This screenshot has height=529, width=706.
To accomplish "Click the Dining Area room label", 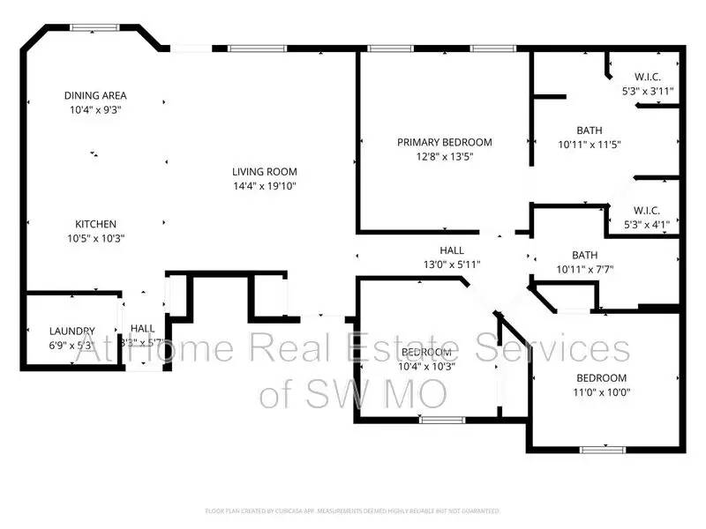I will coord(95,95).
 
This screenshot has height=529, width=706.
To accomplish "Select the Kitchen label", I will coord(95,224).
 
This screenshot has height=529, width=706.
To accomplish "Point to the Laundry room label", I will coord(71,332).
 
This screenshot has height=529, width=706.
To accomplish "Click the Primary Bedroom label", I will coord(444,142).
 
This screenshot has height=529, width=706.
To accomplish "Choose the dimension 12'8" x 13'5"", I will coord(444,157).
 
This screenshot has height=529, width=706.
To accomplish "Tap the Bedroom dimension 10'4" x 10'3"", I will coord(427,366).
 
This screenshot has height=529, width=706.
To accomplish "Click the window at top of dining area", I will coord(95,28).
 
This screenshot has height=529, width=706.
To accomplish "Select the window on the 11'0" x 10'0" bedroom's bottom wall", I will coord(605,450).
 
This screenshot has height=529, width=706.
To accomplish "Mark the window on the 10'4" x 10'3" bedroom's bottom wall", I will coord(442,420).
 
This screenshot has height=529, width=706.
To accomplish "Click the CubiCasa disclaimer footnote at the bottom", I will coord(353,510).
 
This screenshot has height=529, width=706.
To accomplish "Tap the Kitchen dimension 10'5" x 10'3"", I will coord(95,238).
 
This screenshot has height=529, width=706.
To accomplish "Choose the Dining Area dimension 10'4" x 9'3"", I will coord(95,110).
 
